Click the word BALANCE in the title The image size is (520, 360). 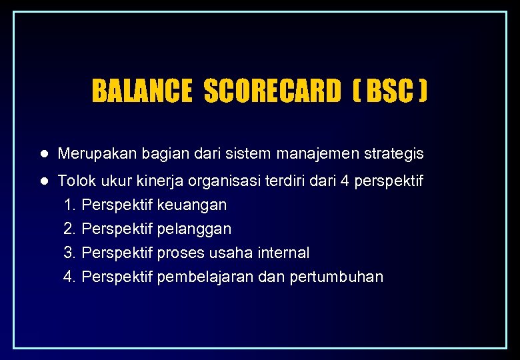click(141, 91)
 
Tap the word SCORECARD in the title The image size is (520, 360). click(271, 91)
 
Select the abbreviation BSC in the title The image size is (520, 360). click(389, 91)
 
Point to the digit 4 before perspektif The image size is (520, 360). click(345, 181)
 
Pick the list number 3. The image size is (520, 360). click(68, 253)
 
